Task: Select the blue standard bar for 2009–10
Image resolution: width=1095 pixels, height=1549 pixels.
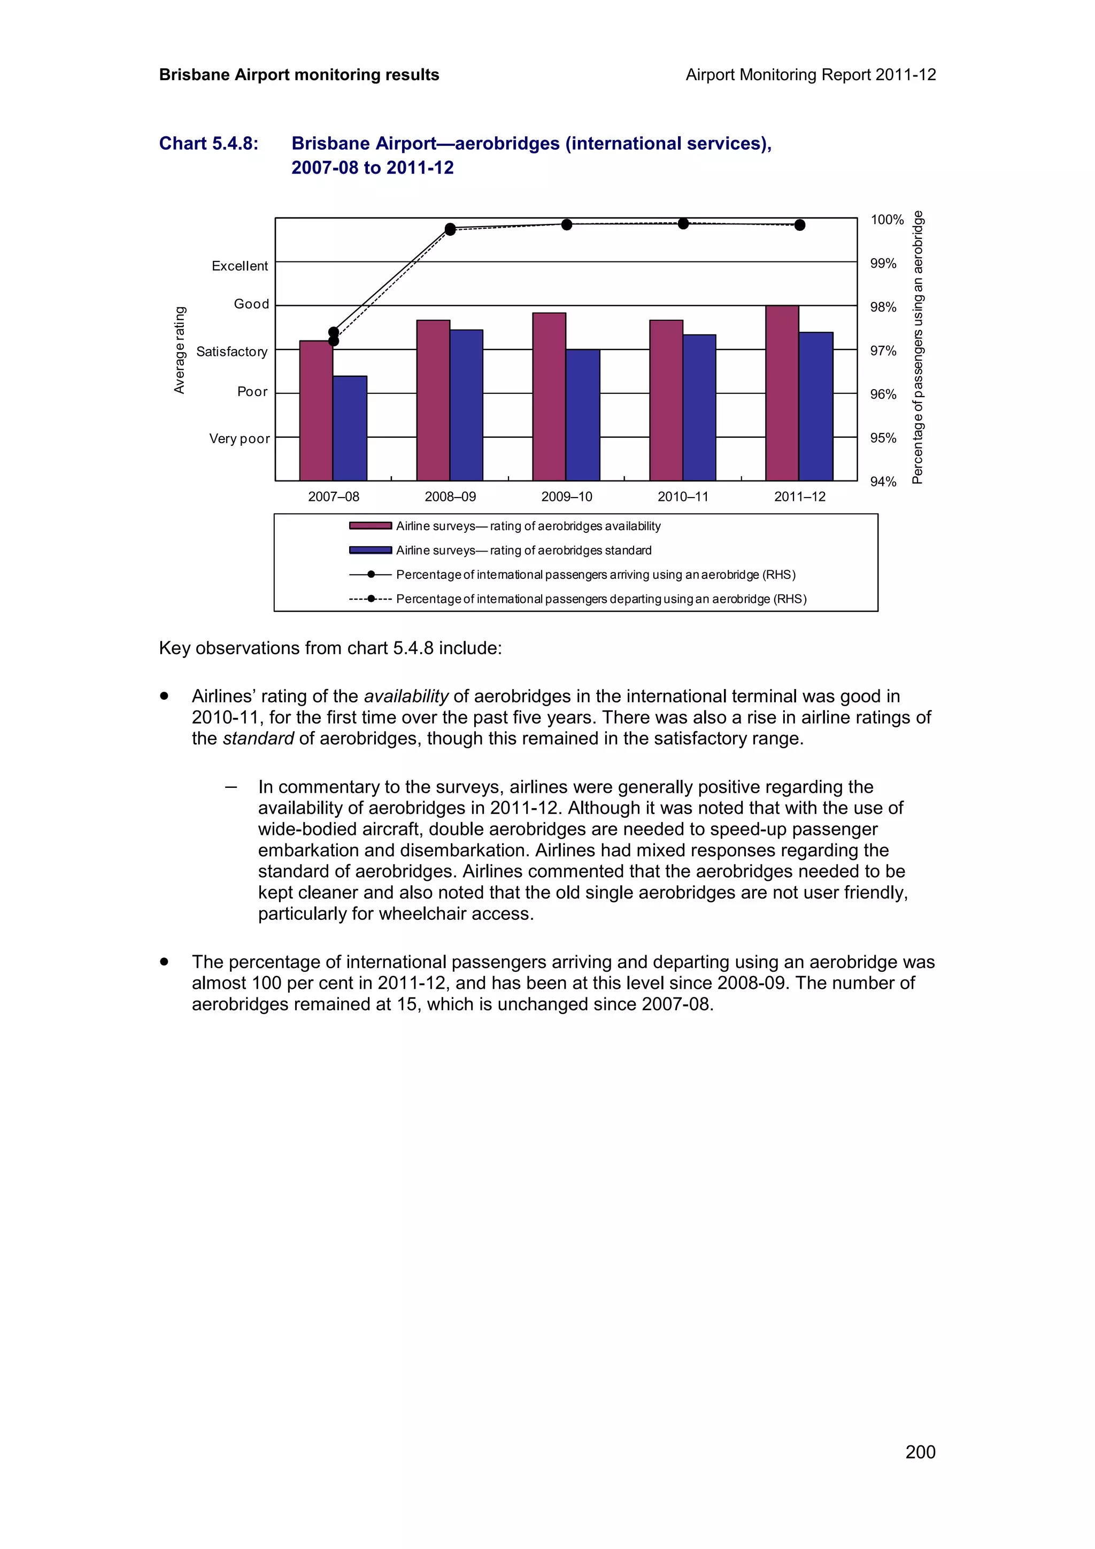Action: tap(582, 414)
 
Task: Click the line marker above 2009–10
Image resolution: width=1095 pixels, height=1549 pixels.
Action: tap(567, 224)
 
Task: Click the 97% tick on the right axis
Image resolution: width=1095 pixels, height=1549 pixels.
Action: tap(883, 351)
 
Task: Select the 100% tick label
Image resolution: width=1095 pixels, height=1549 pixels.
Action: tap(886, 220)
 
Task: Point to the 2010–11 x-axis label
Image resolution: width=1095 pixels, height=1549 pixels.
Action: tap(683, 497)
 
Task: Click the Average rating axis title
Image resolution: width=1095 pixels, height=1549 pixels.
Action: tap(180, 350)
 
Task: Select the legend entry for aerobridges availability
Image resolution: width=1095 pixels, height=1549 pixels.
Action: tap(528, 526)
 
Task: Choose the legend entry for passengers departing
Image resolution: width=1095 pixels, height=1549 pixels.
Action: tap(600, 599)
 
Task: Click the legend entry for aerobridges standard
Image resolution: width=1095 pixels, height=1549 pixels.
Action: tap(523, 551)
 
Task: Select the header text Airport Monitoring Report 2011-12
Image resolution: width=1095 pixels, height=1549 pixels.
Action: tap(810, 75)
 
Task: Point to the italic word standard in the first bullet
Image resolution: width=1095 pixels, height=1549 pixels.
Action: tap(258, 739)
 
